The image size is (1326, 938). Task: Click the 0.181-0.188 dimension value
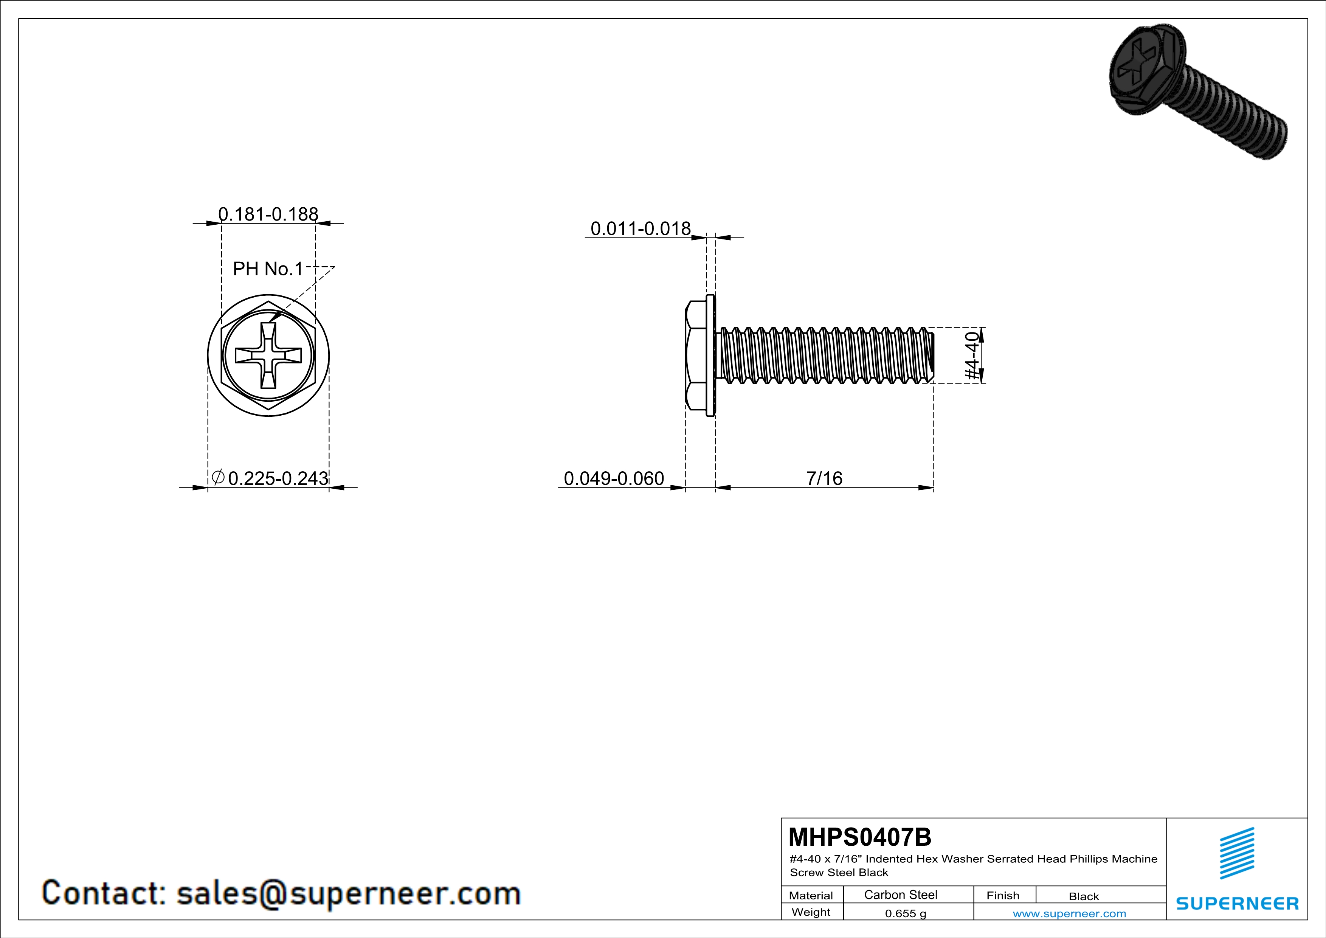point(268,214)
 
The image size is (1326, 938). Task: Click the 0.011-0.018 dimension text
point(641,229)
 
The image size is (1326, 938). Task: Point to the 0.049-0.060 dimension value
point(614,478)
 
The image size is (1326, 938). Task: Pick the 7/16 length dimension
point(824,478)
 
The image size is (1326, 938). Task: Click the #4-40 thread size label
point(973,355)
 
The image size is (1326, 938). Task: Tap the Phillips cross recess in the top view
point(268,355)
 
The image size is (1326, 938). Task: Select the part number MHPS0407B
point(860,836)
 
